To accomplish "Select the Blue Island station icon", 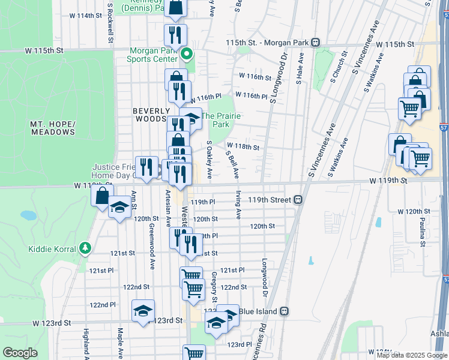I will click(285, 311).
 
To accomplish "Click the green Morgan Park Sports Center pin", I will click(187, 55).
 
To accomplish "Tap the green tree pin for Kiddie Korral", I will click(85, 248).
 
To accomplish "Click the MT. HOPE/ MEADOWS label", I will click(53, 127).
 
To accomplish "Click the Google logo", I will click(20, 352).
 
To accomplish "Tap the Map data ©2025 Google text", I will click(411, 355).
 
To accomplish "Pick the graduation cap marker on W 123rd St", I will click(143, 311).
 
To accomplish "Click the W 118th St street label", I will click(243, 146).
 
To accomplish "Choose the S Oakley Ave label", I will click(209, 160).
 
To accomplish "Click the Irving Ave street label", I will click(238, 205).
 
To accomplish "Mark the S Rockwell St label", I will click(110, 24).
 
